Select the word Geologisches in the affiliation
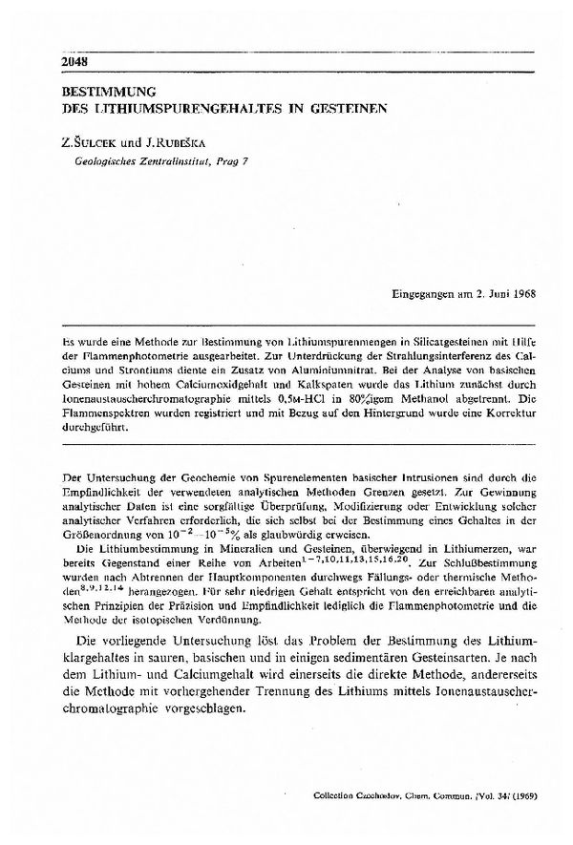click(x=101, y=163)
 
